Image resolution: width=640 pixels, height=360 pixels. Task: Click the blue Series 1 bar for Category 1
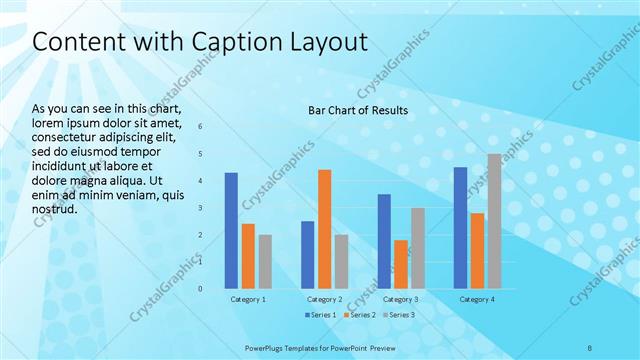point(231,230)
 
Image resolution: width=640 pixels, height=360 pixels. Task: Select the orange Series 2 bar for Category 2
point(324,228)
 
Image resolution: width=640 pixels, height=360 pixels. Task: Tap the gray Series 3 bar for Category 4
point(494,220)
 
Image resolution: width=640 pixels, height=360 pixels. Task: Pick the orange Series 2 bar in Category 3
point(401,264)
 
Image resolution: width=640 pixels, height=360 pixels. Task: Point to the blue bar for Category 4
point(460,227)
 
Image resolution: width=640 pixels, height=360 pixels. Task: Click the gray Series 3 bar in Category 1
point(265,261)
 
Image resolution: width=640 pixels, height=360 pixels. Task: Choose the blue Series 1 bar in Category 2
point(307,254)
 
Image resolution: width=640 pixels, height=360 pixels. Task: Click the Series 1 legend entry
point(320,315)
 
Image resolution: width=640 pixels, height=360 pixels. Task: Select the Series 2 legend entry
point(359,315)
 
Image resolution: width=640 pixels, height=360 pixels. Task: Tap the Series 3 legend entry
point(398,315)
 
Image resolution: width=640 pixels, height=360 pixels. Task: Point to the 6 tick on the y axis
point(200,127)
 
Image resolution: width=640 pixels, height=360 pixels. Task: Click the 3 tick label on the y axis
point(200,208)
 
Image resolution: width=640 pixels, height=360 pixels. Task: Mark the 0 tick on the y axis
point(200,289)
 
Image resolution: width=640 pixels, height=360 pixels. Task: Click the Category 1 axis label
point(248,300)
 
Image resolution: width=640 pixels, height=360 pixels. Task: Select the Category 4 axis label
point(477,300)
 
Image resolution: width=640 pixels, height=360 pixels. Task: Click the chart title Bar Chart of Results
point(358,109)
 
